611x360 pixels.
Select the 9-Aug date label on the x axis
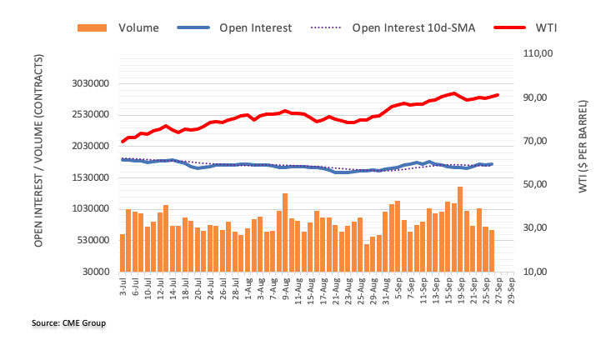coord(285,288)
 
